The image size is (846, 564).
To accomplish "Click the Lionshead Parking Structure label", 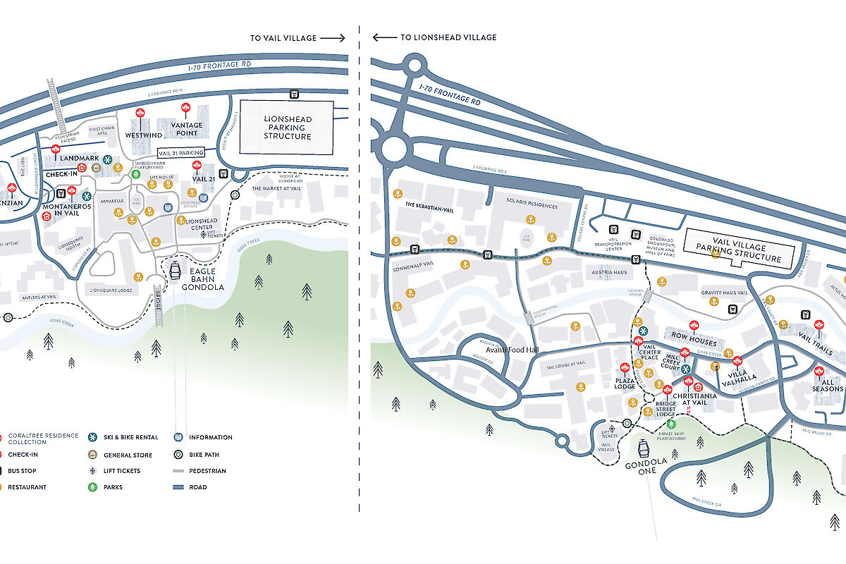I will coord(287,127).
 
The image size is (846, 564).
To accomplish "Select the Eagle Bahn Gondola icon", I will coord(174,269).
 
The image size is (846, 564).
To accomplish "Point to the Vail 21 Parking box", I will coord(179,152).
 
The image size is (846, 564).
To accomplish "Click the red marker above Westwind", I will coord(140,115).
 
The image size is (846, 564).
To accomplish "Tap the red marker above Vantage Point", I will coord(186,108).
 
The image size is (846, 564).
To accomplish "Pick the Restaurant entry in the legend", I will coord(27,487).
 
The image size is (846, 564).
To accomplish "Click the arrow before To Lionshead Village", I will coord(384,37).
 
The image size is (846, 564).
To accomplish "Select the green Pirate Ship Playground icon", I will coord(670,424).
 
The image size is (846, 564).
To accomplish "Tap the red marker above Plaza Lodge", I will coord(624,369).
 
